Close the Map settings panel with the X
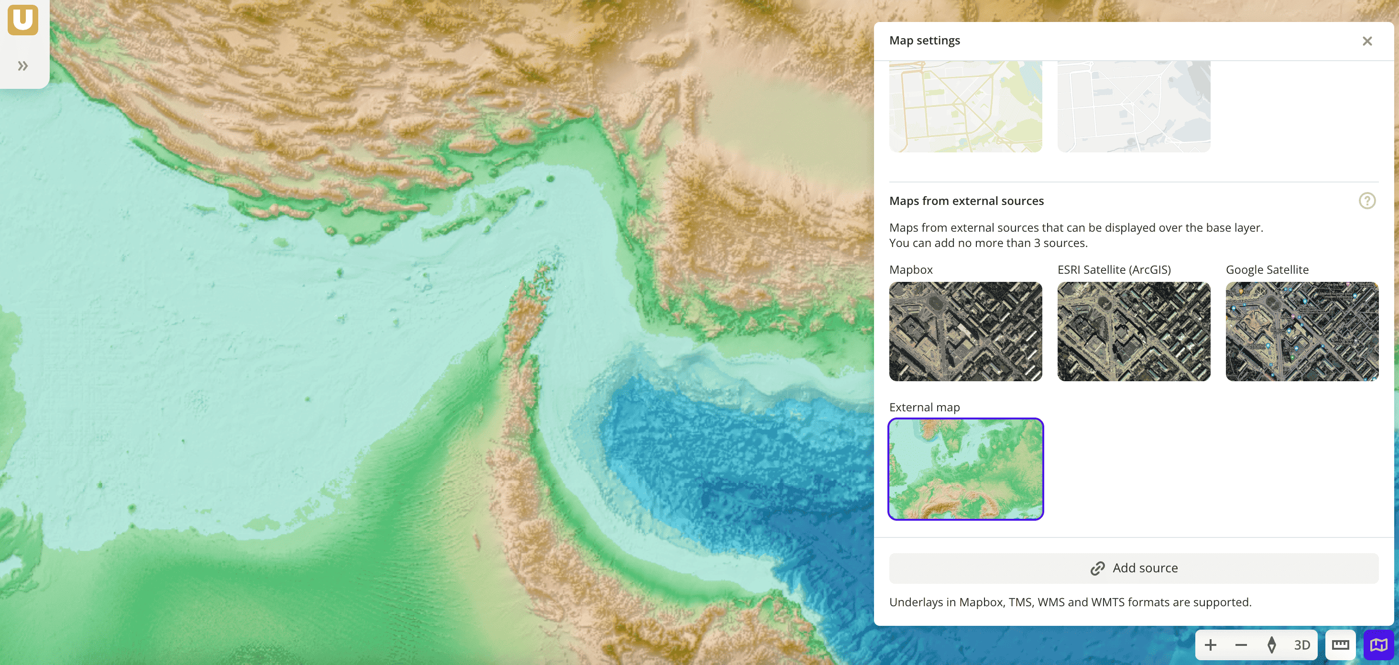point(1367,41)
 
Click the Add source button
point(1134,568)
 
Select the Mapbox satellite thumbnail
point(965,331)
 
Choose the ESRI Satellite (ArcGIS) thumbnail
point(1134,331)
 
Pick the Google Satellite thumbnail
point(1301,331)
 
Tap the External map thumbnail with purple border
point(965,469)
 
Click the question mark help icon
point(1366,201)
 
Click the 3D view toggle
point(1301,645)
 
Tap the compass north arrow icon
point(1271,645)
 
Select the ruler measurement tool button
point(1340,645)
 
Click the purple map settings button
point(1378,645)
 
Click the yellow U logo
point(23,20)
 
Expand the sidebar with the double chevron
point(23,66)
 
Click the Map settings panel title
point(924,41)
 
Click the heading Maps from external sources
point(966,201)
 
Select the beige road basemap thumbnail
point(965,107)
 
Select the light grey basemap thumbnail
point(1134,107)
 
